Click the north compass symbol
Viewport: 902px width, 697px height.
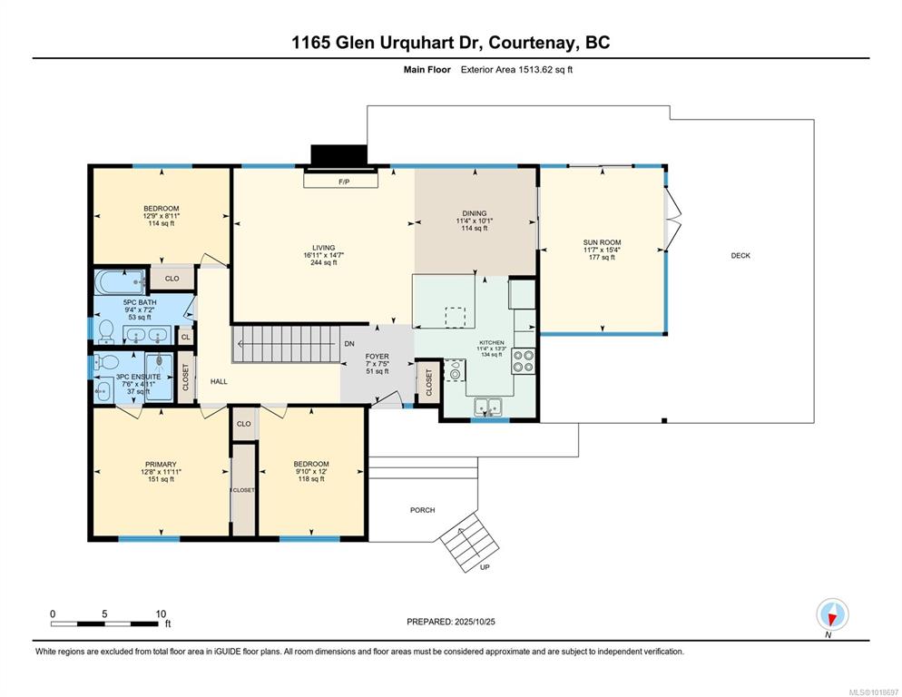coord(832,614)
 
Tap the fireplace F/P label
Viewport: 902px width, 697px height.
coord(344,182)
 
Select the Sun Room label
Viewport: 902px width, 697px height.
coord(602,242)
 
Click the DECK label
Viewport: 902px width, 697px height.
coord(740,256)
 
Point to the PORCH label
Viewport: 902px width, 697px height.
coord(422,510)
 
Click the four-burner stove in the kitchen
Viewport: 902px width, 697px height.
coord(523,361)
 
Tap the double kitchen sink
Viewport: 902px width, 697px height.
coord(488,407)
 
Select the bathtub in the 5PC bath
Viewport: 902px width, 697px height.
coord(120,282)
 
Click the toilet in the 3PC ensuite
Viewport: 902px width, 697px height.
coord(106,362)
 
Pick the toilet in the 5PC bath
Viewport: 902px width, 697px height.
coord(106,331)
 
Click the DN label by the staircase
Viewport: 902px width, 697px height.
coord(349,344)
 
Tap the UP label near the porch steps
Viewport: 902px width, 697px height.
coord(485,567)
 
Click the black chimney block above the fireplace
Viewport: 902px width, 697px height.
coord(338,155)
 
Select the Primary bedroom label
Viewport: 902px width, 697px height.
coord(162,465)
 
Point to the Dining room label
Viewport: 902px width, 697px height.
coord(475,213)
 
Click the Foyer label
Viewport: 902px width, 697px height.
coord(377,357)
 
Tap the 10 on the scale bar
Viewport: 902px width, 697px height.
coord(161,614)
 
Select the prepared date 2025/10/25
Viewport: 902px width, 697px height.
coord(475,622)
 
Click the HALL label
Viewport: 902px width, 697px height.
coord(219,381)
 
